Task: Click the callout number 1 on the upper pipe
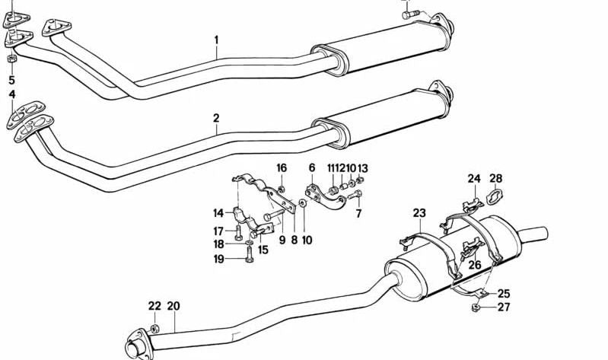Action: coord(216,40)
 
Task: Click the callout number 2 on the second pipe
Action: coord(216,118)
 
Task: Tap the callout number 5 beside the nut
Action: coord(11,80)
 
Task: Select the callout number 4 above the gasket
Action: coord(11,94)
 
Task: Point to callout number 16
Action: coord(282,168)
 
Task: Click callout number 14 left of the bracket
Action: coord(218,214)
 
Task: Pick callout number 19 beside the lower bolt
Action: coord(218,259)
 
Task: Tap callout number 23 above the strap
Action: coord(420,213)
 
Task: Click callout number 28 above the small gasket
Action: coord(517,180)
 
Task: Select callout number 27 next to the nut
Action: coord(503,307)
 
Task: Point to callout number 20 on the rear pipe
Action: coord(173,307)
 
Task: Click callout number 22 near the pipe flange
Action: coord(154,307)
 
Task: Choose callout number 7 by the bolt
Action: coord(358,214)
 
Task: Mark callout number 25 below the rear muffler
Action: coord(503,294)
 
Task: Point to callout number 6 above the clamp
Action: coord(312,168)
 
